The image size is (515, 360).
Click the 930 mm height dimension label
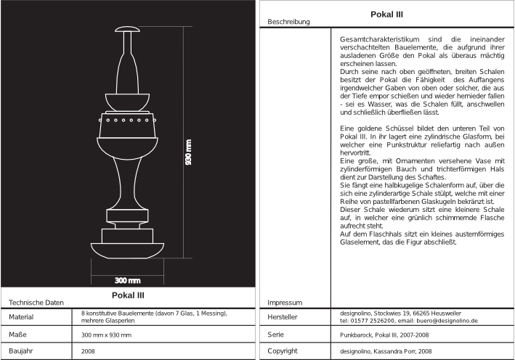coord(188,153)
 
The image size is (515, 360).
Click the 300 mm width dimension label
coord(128,279)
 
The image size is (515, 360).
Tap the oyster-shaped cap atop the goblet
coord(128,30)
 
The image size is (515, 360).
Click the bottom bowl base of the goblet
coord(128,250)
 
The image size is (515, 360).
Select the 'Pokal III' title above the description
coord(387,14)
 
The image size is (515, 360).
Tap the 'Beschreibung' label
coord(288,22)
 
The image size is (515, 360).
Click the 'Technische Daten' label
coord(36,302)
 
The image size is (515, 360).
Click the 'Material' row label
coord(23,316)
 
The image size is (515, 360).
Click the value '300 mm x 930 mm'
coord(107,335)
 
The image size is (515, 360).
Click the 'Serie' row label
coord(276,335)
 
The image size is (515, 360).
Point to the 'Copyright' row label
coord(283,351)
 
